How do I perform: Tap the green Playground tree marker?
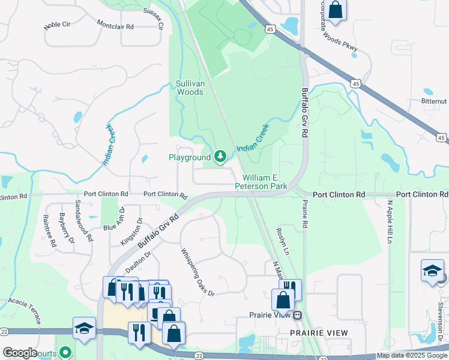pos(220,157)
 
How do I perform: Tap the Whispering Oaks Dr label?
pos(197,271)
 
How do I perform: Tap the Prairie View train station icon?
pos(297,315)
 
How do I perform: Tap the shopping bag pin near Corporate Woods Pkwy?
pos(336,10)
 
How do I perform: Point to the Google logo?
pos(19,353)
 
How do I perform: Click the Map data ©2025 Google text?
pos(412,355)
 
